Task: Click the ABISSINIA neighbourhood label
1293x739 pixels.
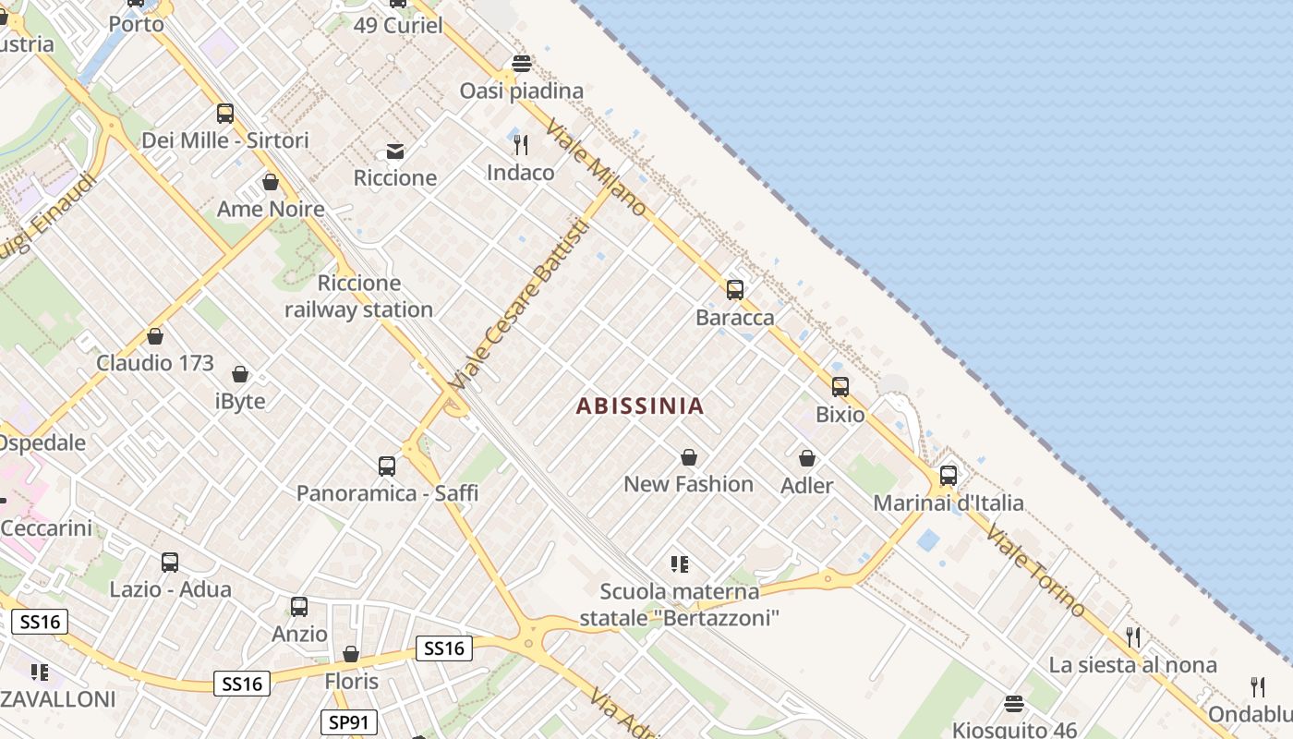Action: pos(640,406)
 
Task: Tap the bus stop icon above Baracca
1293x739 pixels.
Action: pos(735,290)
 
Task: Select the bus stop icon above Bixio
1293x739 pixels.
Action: pos(840,387)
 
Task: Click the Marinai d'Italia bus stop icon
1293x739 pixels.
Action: pos(949,476)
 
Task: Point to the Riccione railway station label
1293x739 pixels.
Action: pos(358,297)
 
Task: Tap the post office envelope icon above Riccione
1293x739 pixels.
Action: pos(395,151)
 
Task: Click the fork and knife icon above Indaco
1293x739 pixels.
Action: pos(521,145)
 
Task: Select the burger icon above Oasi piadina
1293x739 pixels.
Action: pos(522,64)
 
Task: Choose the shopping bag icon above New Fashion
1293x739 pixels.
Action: pos(689,457)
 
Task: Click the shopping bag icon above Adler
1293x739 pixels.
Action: pos(807,458)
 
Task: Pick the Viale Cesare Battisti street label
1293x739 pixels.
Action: pos(518,304)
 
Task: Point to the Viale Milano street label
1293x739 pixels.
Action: pos(597,167)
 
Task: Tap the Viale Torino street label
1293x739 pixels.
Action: pos(1034,570)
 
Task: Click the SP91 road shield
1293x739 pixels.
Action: pos(347,721)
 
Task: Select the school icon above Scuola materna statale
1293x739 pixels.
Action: pos(680,564)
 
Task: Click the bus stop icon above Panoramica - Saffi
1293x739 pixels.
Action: pos(387,466)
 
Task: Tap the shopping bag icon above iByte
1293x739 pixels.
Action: pos(240,374)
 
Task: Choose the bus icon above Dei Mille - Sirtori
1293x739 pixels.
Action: pos(225,114)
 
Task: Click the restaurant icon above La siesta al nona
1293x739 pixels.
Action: pos(1133,637)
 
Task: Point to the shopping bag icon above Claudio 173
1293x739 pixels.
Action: pos(155,336)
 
